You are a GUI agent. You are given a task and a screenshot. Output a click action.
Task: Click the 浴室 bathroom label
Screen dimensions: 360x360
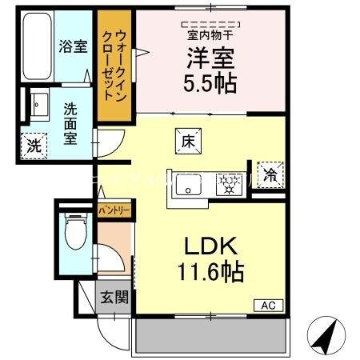click(x=73, y=47)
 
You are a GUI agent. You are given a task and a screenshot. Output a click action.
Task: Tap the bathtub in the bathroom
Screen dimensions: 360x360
click(x=36, y=48)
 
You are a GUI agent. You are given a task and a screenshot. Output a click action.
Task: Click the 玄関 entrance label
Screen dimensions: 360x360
click(x=114, y=298)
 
